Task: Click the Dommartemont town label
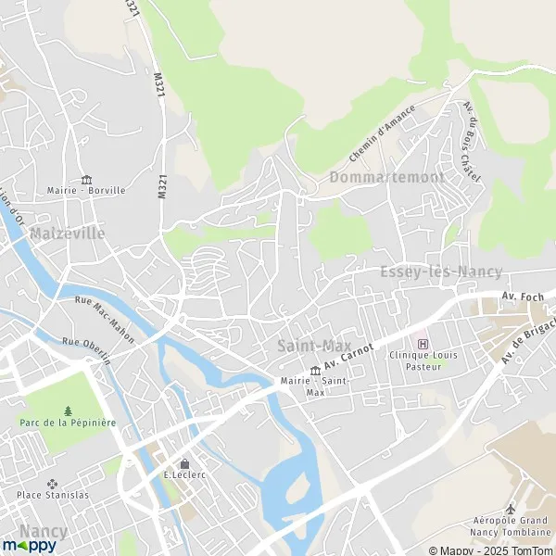click(x=386, y=176)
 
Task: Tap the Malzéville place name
click(x=67, y=234)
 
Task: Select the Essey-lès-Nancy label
click(x=441, y=272)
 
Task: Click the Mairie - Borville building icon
click(x=87, y=179)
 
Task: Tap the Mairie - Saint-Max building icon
click(x=315, y=371)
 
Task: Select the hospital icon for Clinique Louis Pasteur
click(x=423, y=345)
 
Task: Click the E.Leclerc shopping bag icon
click(x=184, y=463)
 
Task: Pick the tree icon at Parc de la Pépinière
click(x=68, y=411)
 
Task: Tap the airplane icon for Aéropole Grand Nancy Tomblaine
click(x=510, y=510)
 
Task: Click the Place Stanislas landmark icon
click(x=52, y=483)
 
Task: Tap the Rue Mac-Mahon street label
click(x=103, y=320)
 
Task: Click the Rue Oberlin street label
click(x=87, y=351)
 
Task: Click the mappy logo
click(x=30, y=546)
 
